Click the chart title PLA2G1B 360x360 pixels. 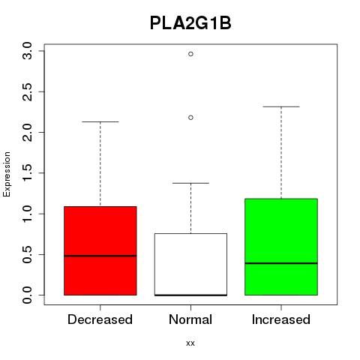point(190,23)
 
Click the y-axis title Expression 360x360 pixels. point(7,174)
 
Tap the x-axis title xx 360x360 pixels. point(190,343)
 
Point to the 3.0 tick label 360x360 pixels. point(27,51)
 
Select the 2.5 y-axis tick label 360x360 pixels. point(27,91)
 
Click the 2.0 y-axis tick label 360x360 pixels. point(27,132)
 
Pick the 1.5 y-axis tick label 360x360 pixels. point(27,172)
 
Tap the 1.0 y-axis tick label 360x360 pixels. point(27,214)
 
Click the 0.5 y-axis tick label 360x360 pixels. point(27,254)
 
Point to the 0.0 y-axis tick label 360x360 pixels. point(27,295)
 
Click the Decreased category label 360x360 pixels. point(100,319)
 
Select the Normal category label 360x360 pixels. point(190,319)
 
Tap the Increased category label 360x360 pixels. point(281,319)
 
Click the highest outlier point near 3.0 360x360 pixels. point(190,54)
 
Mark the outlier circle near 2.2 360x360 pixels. point(190,118)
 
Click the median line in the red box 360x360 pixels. point(100,256)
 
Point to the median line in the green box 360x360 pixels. point(281,263)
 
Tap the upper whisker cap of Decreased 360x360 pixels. point(100,121)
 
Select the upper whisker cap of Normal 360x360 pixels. point(190,183)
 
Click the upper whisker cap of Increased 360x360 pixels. point(281,106)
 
